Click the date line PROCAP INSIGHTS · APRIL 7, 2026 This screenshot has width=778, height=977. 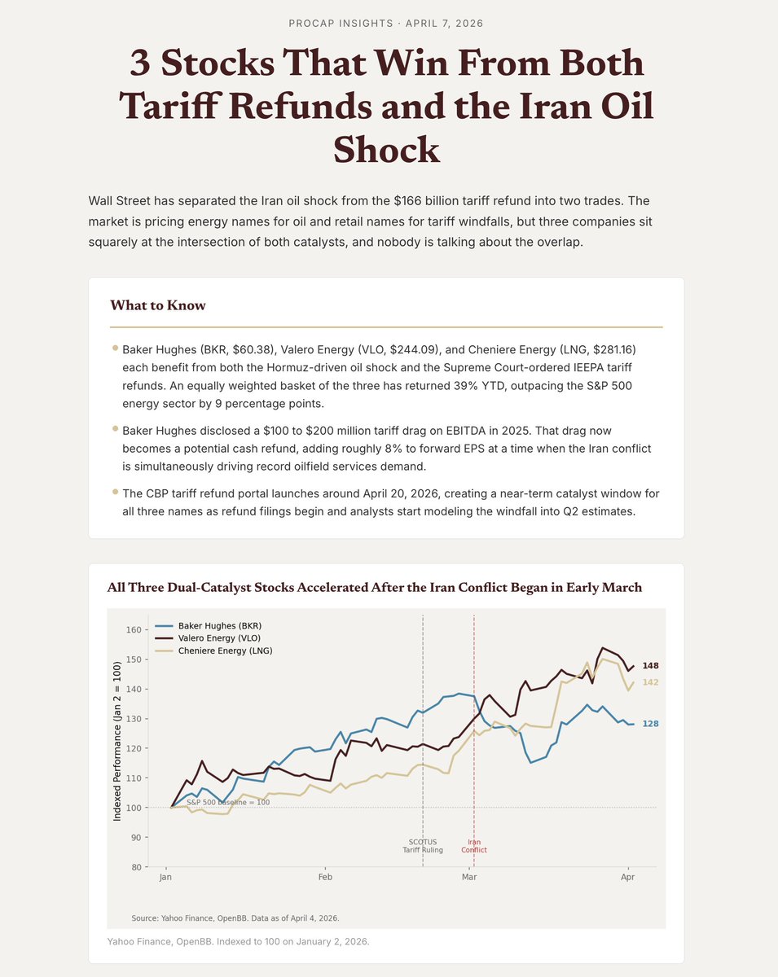tap(386, 23)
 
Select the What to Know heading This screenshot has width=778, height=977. tap(158, 306)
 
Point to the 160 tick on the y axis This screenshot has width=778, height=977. tap(133, 630)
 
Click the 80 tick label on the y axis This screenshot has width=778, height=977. tap(135, 867)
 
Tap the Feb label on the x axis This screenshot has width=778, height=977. tap(325, 878)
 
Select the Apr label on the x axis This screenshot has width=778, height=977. tap(628, 878)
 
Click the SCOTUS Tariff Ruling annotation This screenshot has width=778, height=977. tap(423, 846)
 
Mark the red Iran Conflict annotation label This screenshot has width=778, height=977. tap(474, 846)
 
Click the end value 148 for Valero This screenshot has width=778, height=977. tap(650, 666)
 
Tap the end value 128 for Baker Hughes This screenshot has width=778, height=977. tap(650, 724)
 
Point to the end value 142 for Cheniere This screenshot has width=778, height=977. tap(650, 682)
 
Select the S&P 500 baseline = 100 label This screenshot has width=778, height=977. tap(228, 802)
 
